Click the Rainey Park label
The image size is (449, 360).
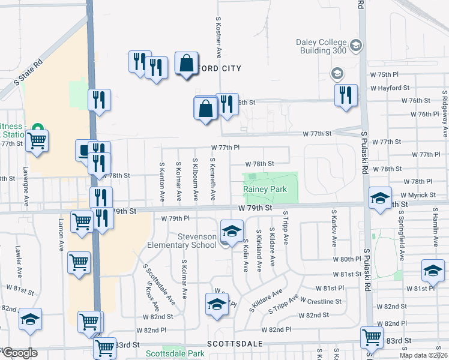coord(265,189)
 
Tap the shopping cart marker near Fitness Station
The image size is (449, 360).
coord(37,141)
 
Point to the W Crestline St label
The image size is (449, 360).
coord(321,301)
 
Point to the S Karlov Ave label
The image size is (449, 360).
coord(334,228)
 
